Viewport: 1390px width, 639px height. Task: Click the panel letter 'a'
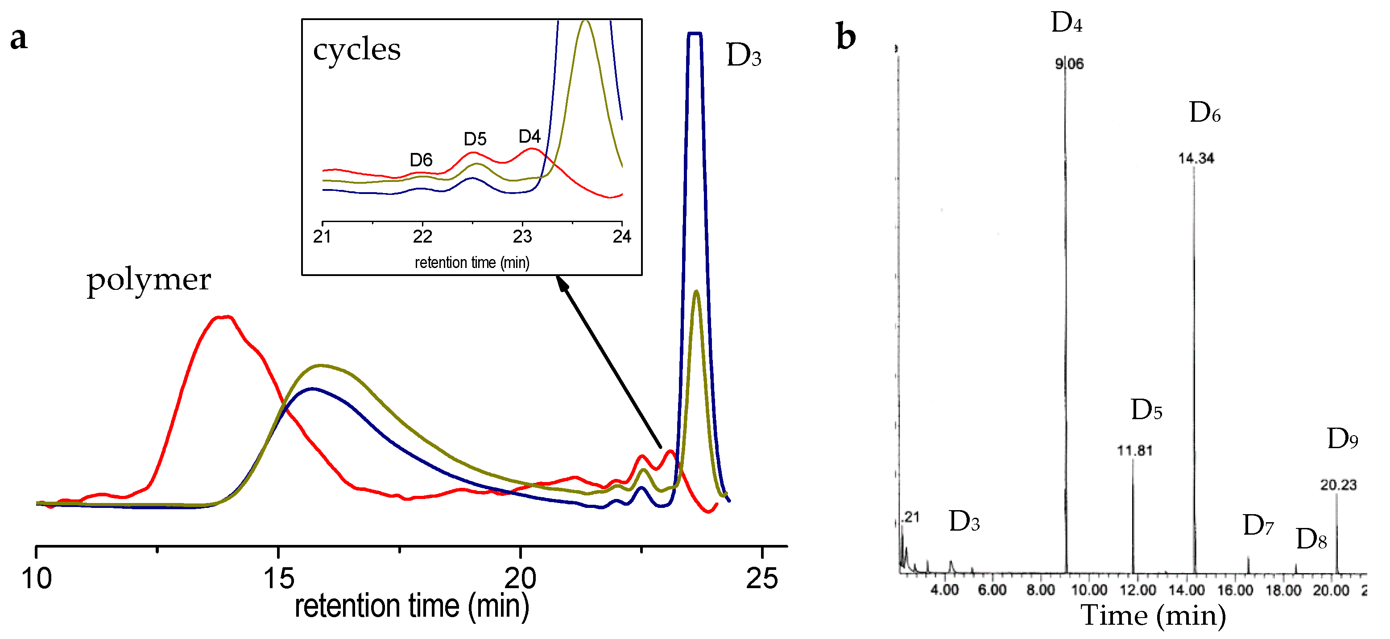[x=19, y=39]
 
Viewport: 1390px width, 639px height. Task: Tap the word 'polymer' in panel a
[x=149, y=280]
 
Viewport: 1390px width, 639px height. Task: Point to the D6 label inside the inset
[x=421, y=160]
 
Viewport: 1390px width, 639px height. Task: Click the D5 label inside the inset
[x=475, y=139]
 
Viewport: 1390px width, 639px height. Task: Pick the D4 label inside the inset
[x=530, y=136]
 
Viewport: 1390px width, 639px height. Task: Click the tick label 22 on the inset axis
[x=422, y=237]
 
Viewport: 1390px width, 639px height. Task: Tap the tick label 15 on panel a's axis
[x=278, y=579]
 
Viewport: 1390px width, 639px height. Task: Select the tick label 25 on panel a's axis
[x=761, y=579]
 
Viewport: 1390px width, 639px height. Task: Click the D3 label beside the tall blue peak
[x=744, y=56]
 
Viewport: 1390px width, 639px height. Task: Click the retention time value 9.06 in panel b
[x=1069, y=64]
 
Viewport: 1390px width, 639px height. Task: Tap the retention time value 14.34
[x=1196, y=159]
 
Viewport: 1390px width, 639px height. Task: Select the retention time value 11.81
[x=1135, y=451]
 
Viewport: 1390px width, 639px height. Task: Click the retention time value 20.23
[x=1338, y=485]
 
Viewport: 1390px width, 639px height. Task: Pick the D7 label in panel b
[x=1258, y=525]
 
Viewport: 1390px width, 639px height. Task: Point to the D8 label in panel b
[x=1311, y=539]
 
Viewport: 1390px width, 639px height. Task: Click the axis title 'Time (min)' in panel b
[x=1153, y=615]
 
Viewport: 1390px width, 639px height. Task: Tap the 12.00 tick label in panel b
[x=1138, y=590]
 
